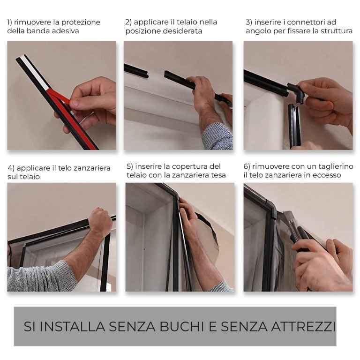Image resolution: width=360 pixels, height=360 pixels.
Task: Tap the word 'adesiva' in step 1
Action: (x=65, y=31)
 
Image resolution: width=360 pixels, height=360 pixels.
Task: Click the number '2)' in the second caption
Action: (x=129, y=22)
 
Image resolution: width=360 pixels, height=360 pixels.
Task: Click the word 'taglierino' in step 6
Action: (x=333, y=166)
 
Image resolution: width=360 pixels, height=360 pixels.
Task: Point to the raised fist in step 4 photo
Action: (x=100, y=221)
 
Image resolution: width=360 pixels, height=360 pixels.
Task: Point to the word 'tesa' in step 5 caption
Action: (x=218, y=175)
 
